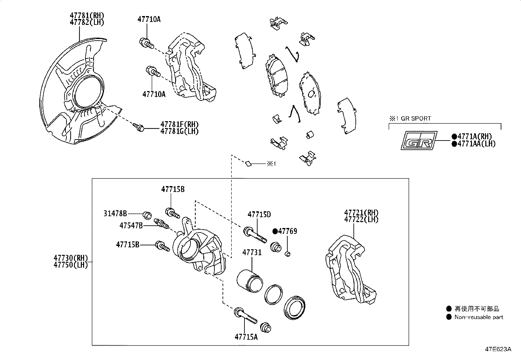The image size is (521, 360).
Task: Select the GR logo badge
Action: tap(419, 141)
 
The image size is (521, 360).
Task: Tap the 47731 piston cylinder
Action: tap(249, 280)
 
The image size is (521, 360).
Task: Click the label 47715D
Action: tap(259, 215)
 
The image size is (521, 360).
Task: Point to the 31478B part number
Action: tap(115, 214)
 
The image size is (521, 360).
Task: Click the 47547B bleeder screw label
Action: tap(131, 225)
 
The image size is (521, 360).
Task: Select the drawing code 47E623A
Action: tap(498, 349)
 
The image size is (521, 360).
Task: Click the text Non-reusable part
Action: tap(478, 317)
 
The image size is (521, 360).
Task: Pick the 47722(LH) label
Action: tap(361, 220)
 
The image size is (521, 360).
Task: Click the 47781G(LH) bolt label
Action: tap(179, 131)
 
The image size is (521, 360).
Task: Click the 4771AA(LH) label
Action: tap(476, 144)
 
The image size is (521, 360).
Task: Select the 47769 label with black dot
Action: tap(285, 231)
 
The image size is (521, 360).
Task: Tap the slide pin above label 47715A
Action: tap(245, 315)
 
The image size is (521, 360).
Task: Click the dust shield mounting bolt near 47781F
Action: tap(139, 127)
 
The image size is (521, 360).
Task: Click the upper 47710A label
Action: tap(149, 19)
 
